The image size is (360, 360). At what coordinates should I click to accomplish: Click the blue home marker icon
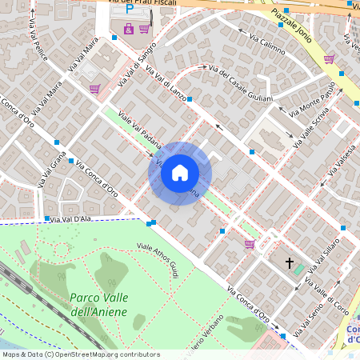click(180, 173)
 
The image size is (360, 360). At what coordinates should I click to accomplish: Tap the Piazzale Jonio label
click(291, 24)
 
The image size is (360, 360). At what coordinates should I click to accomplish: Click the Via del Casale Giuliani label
click(241, 84)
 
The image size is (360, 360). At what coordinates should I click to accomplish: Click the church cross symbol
click(290, 262)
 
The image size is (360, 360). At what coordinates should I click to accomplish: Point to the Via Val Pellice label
click(38, 37)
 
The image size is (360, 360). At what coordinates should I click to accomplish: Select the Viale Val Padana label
click(140, 132)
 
